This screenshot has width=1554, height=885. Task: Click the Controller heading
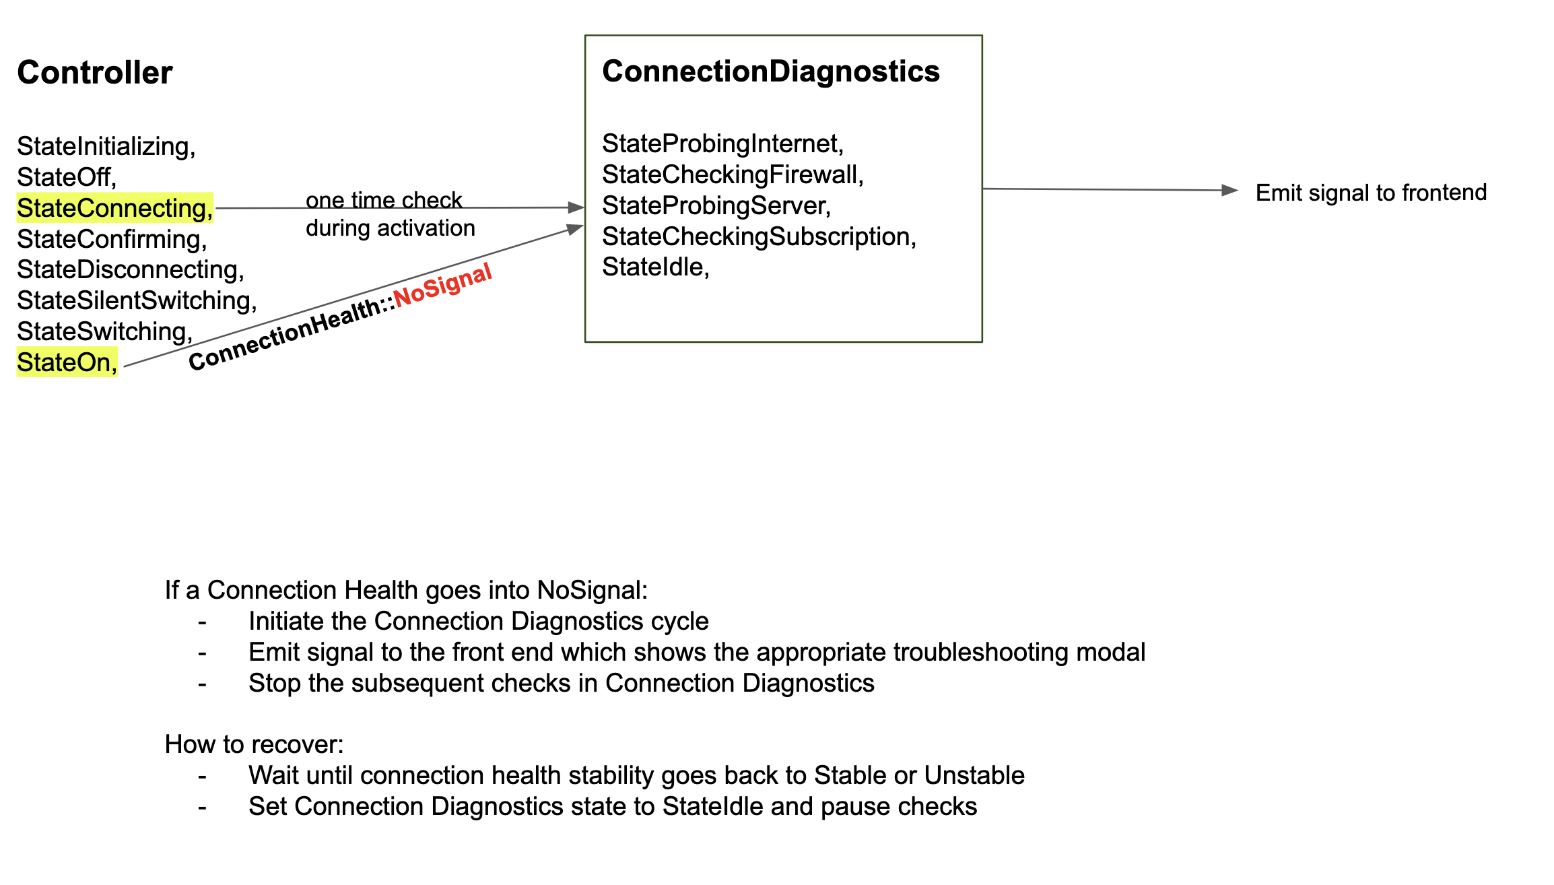click(x=94, y=73)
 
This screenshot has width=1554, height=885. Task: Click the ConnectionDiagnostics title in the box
click(x=770, y=71)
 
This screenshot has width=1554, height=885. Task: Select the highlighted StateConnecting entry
click(x=114, y=208)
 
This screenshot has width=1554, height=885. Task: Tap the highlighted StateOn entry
click(x=67, y=362)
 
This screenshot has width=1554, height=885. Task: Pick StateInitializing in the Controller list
click(x=106, y=146)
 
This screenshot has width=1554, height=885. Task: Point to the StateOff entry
click(x=66, y=177)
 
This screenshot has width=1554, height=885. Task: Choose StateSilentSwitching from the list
click(x=136, y=300)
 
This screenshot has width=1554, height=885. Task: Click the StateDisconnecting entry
click(x=130, y=269)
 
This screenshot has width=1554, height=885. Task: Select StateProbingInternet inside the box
click(x=722, y=143)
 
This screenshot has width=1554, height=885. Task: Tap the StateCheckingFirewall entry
click(x=732, y=174)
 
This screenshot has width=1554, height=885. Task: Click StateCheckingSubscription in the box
click(x=758, y=236)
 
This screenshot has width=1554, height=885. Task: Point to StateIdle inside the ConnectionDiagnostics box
click(x=655, y=267)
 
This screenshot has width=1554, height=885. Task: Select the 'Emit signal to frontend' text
click(x=1370, y=193)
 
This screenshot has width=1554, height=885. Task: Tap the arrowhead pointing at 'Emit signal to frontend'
click(x=1229, y=191)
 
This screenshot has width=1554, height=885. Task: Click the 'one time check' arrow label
click(x=383, y=200)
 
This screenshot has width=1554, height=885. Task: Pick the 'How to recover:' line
click(x=254, y=744)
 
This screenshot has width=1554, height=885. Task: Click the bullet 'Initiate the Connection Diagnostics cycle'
click(x=478, y=621)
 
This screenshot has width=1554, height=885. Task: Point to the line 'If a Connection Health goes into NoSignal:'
click(x=405, y=590)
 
